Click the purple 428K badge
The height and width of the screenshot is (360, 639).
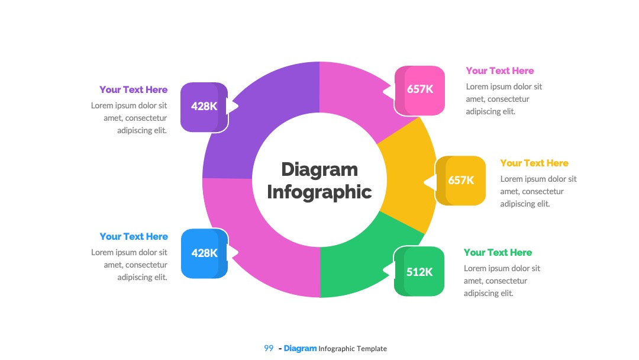[x=204, y=107]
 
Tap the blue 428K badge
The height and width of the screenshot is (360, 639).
[x=204, y=253]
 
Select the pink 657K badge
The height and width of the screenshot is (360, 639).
[x=419, y=90]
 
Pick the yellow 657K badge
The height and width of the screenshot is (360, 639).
[x=460, y=180]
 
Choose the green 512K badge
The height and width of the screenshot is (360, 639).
[x=419, y=271]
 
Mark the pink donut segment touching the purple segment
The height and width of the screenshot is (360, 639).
[x=359, y=98]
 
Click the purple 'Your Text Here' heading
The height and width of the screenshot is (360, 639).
[x=133, y=89]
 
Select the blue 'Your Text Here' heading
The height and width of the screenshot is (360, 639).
[x=134, y=236]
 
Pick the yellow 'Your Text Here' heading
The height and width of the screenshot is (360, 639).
[x=534, y=163]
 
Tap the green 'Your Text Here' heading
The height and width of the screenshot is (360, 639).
[x=498, y=252]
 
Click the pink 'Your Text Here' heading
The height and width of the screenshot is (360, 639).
[x=499, y=70]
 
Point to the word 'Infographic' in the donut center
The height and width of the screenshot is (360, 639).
[x=319, y=192]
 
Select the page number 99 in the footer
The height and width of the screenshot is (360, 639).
[x=269, y=348]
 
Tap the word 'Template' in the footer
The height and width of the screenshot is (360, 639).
[x=372, y=349]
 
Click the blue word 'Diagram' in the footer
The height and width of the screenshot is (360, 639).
[x=300, y=349]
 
